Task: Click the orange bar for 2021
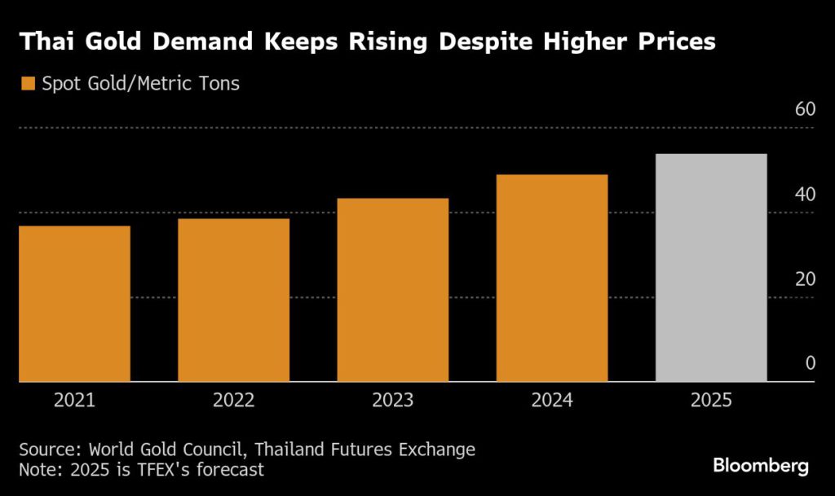click(x=74, y=303)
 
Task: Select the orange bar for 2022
click(x=233, y=300)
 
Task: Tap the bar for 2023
click(x=392, y=289)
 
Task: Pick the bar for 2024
click(x=552, y=278)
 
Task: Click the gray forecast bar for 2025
click(x=711, y=267)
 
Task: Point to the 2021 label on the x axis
click(x=74, y=401)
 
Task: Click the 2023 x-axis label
click(x=392, y=401)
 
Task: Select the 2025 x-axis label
click(x=711, y=401)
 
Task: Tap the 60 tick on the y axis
click(x=805, y=110)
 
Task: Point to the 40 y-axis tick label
click(x=805, y=195)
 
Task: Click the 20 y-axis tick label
click(x=805, y=279)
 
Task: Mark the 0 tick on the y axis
click(x=810, y=363)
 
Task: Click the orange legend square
click(x=28, y=83)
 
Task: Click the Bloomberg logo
click(x=760, y=466)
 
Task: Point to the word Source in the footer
click(x=46, y=449)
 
